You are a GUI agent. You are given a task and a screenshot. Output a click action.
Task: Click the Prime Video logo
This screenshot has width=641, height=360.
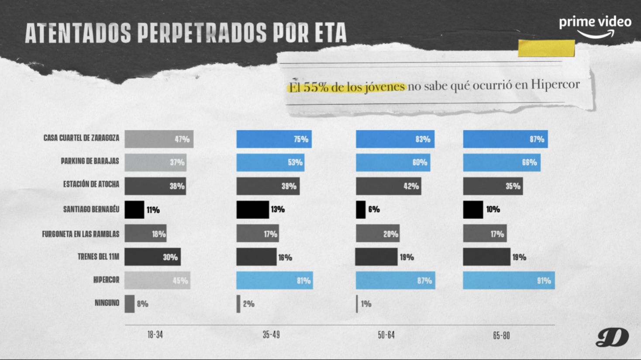coord(595,27)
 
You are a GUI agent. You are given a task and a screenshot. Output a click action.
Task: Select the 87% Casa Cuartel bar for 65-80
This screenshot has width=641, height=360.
coord(505,139)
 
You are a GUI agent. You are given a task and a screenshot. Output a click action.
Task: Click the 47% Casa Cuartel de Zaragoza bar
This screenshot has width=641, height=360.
coord(159,139)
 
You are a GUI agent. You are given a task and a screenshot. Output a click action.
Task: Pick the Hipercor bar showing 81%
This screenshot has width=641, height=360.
coord(274,280)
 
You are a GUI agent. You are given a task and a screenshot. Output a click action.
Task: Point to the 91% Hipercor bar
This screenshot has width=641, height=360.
coord(509,280)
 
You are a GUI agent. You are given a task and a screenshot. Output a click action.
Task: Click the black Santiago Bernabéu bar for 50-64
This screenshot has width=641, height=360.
coord(361,210)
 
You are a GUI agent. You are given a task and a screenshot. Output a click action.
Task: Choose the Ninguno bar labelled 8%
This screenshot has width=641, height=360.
coord(129,304)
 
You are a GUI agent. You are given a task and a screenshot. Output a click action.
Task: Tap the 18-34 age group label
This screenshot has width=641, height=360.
coord(155,335)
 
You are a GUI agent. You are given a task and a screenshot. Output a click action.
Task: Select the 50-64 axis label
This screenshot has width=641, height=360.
coord(386,335)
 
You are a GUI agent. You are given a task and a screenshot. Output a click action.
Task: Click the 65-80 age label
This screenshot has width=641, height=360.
coord(501,336)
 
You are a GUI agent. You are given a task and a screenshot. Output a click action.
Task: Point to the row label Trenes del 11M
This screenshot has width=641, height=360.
coord(98,256)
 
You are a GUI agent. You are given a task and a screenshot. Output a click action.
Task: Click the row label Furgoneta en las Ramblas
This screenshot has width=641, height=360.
coord(80,234)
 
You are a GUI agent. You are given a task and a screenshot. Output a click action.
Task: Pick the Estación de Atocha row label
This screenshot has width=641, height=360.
coord(91,184)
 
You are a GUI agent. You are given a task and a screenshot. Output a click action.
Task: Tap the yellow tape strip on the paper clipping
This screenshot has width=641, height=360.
coord(546,48)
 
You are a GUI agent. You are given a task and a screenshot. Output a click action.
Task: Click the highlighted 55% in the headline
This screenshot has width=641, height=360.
coord(316,87)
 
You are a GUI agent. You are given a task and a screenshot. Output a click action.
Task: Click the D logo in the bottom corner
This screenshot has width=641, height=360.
coord(612,337)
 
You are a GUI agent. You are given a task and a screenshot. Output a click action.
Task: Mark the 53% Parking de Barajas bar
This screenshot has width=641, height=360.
coord(270,163)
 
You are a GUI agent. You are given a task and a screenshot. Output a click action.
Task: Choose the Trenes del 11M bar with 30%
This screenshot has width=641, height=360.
coord(152,257)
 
